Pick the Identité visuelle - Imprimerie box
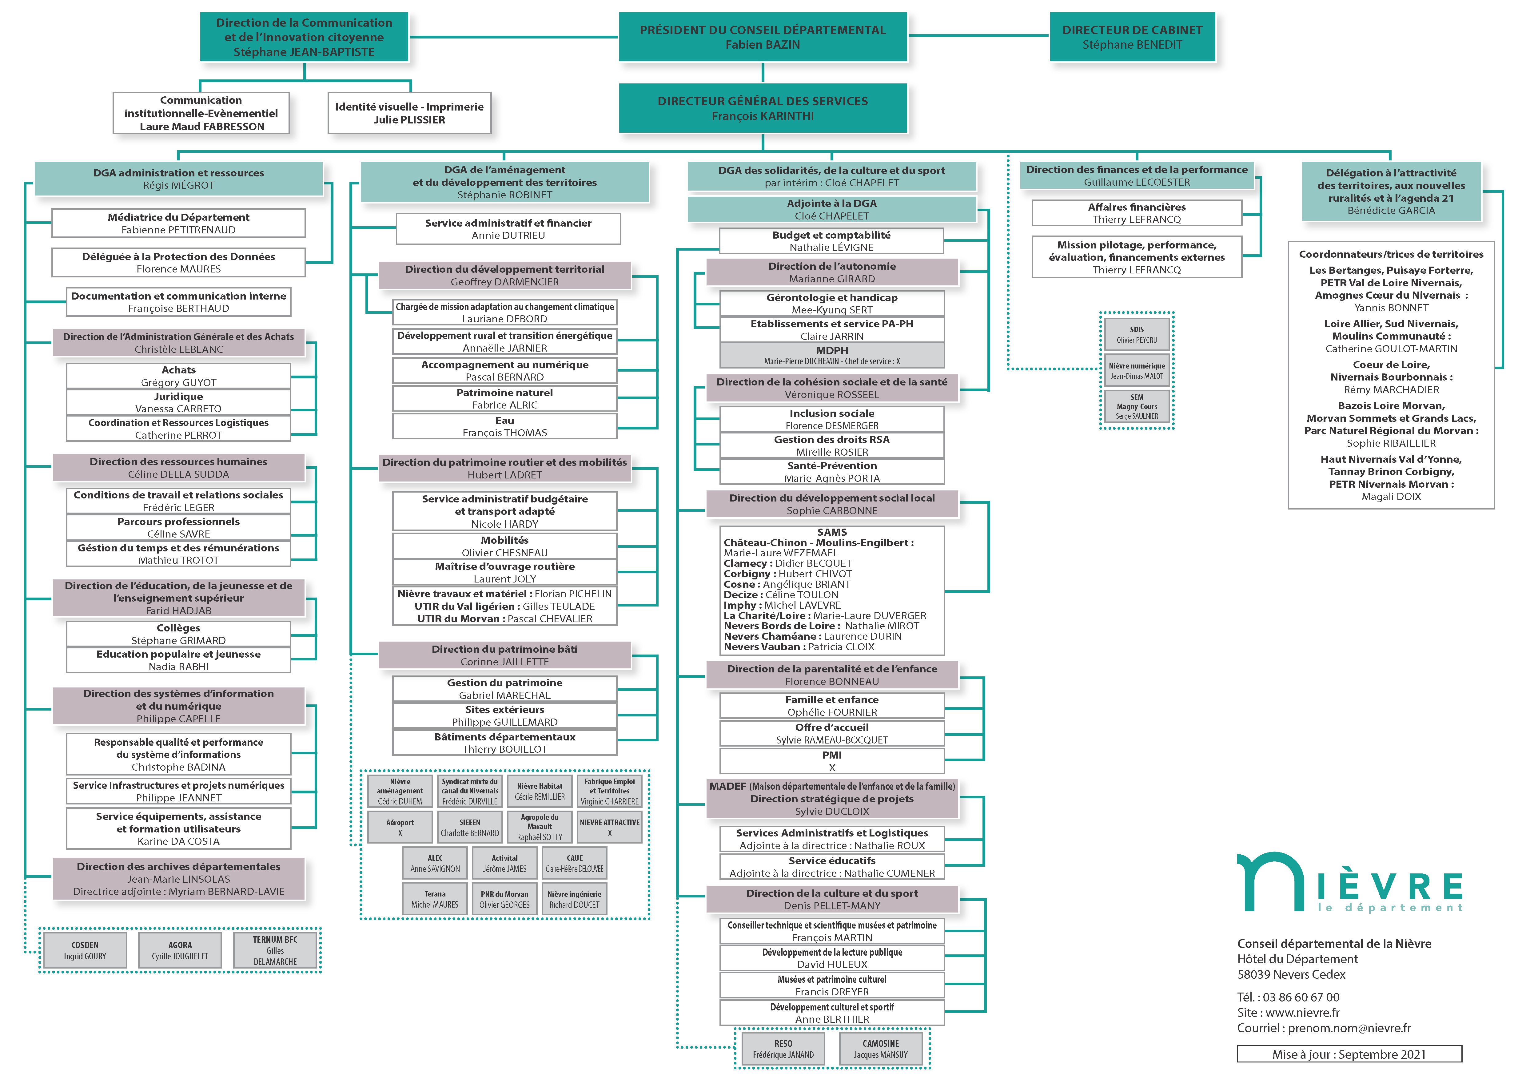coord(409,113)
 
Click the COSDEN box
coord(85,950)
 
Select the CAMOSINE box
coord(881,1049)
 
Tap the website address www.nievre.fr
coord(1302,1012)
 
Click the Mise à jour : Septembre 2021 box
coord(1349,1054)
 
